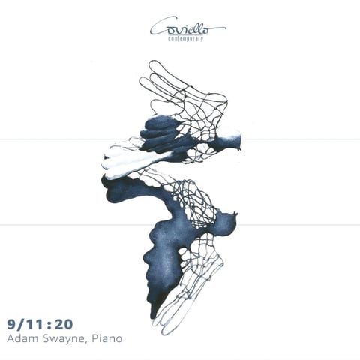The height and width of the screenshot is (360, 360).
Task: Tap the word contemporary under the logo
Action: (x=186, y=39)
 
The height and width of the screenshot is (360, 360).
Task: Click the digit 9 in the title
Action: (x=11, y=324)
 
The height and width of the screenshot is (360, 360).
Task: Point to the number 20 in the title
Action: (x=64, y=324)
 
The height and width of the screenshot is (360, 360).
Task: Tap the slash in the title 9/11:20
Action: (x=21, y=324)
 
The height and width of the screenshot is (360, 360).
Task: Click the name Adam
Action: (x=22, y=338)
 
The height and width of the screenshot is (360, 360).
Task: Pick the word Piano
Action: (x=107, y=338)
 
